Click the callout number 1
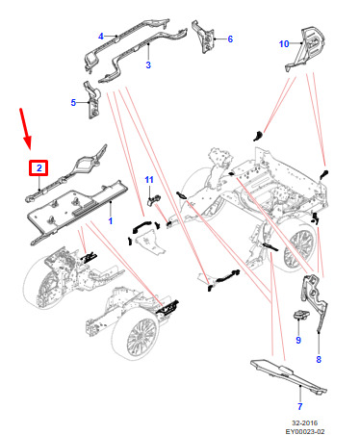tap(111, 220)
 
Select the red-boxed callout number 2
tap(39, 167)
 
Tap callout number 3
tap(148, 64)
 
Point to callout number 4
tap(101, 37)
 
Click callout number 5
tap(73, 103)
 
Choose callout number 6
tap(230, 38)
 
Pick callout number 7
tap(299, 406)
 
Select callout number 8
tap(319, 359)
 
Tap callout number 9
tap(298, 340)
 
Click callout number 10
tap(284, 43)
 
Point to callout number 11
tap(149, 180)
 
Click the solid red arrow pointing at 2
tap(26, 129)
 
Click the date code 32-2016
tap(304, 422)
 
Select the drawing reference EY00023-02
tap(305, 431)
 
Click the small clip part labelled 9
tap(301, 315)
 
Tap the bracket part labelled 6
tap(203, 37)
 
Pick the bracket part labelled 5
tap(92, 100)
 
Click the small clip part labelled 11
tap(153, 200)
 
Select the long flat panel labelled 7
tap(289, 377)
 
